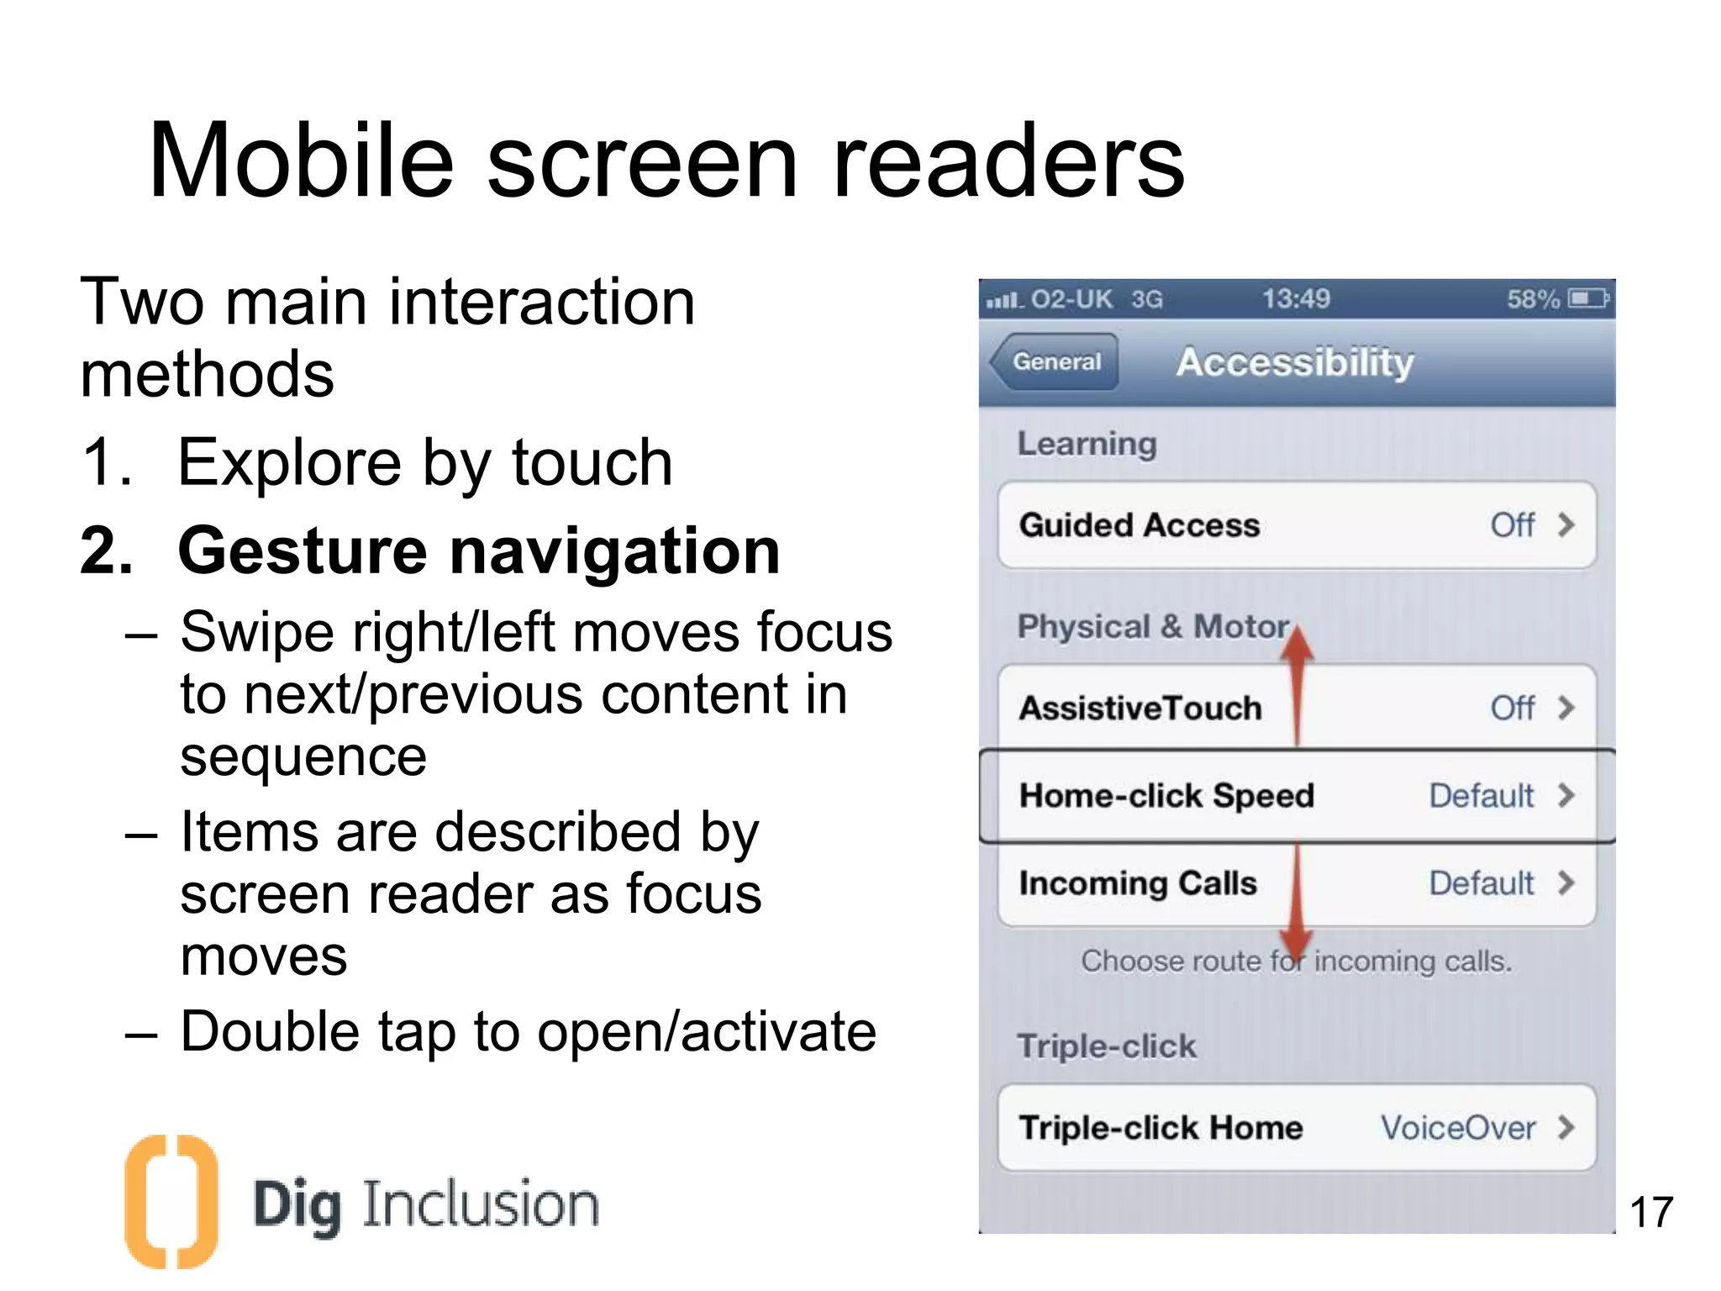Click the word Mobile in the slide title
tap(301, 161)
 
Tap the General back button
tap(1055, 362)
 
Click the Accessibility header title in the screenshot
tap(1295, 362)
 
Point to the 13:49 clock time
tap(1296, 299)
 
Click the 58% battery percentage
tap(1532, 299)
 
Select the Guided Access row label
tap(1139, 525)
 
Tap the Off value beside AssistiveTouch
tap(1512, 709)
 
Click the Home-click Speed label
tap(1166, 796)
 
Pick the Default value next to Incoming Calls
tap(1481, 883)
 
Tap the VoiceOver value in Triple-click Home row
tap(1458, 1128)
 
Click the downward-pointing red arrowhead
tap(1297, 942)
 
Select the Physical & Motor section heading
tap(1153, 627)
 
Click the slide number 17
tap(1650, 1213)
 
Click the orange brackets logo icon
tap(171, 1201)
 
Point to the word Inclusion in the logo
tap(480, 1204)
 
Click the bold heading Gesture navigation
tap(479, 551)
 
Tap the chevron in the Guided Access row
tap(1566, 525)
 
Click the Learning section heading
tap(1087, 444)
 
